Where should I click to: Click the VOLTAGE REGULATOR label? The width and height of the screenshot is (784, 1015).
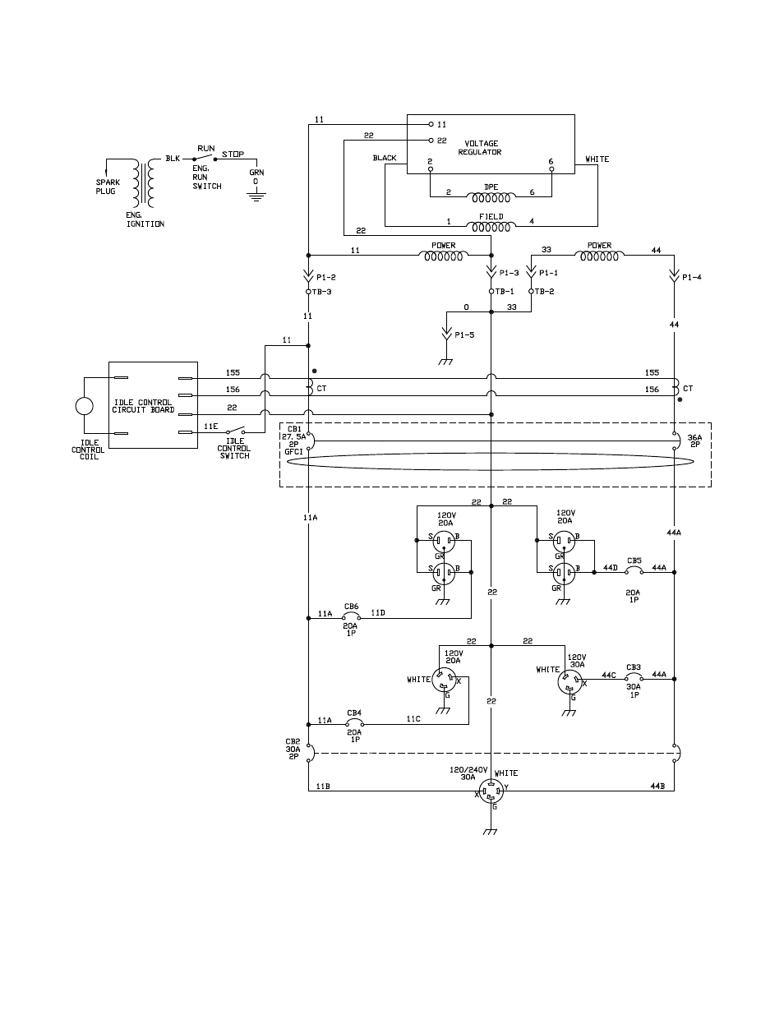click(x=481, y=148)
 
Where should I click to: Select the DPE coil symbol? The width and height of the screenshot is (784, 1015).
click(x=491, y=197)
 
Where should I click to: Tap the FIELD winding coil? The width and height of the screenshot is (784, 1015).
click(x=491, y=227)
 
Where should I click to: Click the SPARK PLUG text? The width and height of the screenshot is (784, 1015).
click(x=108, y=187)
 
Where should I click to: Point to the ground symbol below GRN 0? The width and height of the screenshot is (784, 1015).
click(x=256, y=196)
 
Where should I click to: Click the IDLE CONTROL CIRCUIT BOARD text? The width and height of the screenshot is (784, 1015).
click(x=143, y=406)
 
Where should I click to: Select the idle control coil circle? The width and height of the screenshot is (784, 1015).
click(x=85, y=405)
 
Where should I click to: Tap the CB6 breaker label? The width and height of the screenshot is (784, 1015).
click(x=351, y=607)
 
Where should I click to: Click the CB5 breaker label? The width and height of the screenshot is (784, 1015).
click(x=634, y=561)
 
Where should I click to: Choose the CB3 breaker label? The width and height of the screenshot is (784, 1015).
click(x=633, y=667)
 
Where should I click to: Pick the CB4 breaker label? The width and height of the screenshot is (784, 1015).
click(x=354, y=713)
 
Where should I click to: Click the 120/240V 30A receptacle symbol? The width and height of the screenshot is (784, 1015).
click(x=491, y=791)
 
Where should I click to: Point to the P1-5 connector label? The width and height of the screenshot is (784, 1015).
click(x=464, y=334)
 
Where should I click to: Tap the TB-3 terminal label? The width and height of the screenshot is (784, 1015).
click(x=321, y=292)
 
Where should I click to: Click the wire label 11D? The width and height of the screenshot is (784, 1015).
click(x=378, y=613)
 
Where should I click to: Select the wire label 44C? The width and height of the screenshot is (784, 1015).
click(x=608, y=675)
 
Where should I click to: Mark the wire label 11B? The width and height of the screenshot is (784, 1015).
click(x=323, y=787)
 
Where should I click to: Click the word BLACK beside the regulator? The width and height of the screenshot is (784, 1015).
click(x=385, y=158)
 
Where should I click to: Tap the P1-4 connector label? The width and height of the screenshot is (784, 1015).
click(x=691, y=277)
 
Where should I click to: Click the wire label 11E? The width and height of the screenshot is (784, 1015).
click(x=210, y=426)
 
